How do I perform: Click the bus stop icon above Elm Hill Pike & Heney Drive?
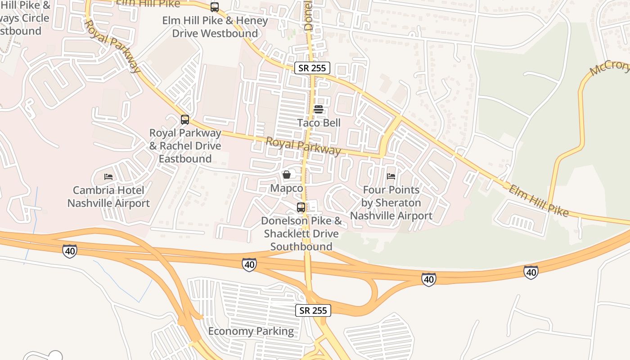coord(215,7)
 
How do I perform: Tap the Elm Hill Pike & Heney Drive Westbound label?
coord(215,27)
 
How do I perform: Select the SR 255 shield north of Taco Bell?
coord(313,68)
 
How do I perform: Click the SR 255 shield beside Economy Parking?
coord(313,310)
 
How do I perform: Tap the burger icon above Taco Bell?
coord(319,109)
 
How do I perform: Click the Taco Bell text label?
coord(319,123)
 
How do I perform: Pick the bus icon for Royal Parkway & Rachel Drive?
coord(185,120)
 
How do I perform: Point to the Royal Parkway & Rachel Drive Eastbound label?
coord(185,146)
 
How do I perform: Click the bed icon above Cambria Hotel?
coord(108,176)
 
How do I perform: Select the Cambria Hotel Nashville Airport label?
coord(108,197)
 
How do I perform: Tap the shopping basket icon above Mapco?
coord(287,175)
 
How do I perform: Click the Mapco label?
coord(287,188)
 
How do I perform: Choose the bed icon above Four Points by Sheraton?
coord(391,176)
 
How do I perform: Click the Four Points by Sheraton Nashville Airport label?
coord(391,203)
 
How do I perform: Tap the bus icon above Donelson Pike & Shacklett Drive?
coord(301,207)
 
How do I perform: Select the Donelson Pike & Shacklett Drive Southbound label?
coord(301,234)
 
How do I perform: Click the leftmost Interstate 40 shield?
coord(70,251)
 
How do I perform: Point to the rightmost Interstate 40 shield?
coord(531,272)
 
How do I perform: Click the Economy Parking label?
coord(251,332)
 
